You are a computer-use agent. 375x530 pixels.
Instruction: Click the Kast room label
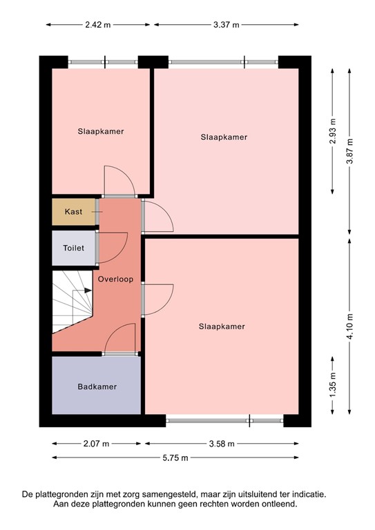(73, 212)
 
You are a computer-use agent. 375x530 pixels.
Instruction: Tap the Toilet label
(73, 248)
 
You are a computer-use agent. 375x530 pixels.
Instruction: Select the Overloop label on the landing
(115, 279)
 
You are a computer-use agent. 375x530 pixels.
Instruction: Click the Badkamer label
(97, 386)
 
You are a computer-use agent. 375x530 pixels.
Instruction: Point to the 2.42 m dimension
(97, 24)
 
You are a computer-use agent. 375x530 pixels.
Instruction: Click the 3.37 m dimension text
(227, 24)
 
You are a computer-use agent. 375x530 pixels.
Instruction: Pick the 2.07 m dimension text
(96, 444)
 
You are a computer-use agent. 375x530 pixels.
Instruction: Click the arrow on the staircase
(87, 291)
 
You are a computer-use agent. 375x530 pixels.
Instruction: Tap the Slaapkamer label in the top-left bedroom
(101, 131)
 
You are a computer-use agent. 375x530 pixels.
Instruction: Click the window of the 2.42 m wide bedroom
(104, 62)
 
